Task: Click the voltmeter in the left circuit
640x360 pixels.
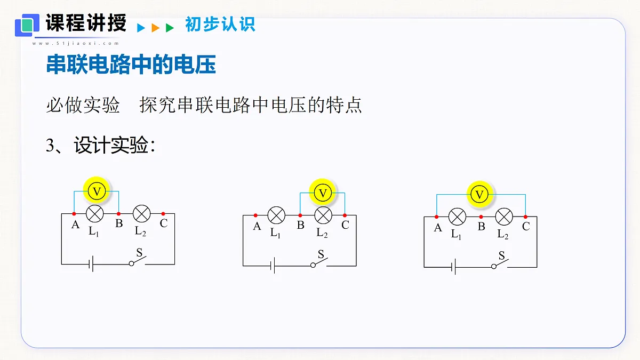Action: [97, 191]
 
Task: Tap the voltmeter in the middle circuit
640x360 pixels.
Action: [323, 193]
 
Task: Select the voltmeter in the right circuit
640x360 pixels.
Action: [479, 195]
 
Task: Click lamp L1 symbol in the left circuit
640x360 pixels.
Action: [94, 213]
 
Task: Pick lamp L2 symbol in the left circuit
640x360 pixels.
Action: [142, 213]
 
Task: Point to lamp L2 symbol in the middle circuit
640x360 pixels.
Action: [323, 215]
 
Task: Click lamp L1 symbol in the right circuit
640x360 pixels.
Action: [457, 217]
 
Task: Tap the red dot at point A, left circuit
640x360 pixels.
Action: [74, 214]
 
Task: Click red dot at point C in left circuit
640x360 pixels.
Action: [163, 214]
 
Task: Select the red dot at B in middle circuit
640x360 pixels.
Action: [300, 215]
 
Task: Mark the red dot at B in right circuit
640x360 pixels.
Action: [481, 217]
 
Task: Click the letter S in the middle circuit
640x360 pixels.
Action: [321, 254]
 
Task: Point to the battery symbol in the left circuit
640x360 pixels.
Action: [91, 264]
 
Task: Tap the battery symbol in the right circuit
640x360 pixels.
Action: [453, 267]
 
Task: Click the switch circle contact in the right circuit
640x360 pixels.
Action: [494, 267]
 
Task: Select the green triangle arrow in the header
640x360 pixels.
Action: [170, 28]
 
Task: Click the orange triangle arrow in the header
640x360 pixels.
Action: [155, 28]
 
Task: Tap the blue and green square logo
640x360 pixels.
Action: [27, 25]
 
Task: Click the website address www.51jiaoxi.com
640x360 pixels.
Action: [75, 43]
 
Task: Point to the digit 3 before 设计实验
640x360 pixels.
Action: [50, 145]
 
